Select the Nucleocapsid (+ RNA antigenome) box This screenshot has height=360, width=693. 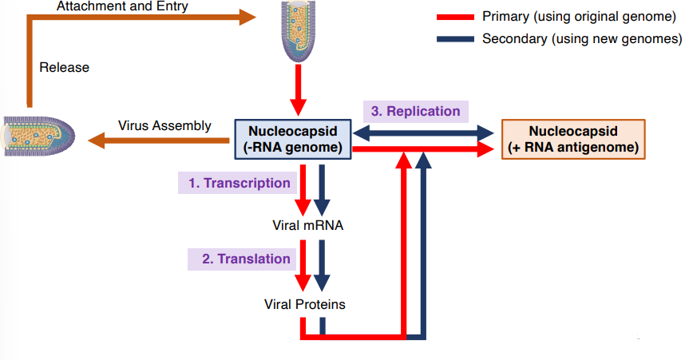point(572,139)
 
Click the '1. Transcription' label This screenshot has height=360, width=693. point(239,183)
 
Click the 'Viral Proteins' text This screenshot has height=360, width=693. point(305,304)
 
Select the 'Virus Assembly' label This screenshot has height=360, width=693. point(164,125)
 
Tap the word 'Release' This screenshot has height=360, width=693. point(64,68)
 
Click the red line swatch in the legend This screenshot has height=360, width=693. point(456,17)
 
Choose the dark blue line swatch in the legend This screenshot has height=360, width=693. point(456,38)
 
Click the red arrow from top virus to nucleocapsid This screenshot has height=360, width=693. point(298,91)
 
